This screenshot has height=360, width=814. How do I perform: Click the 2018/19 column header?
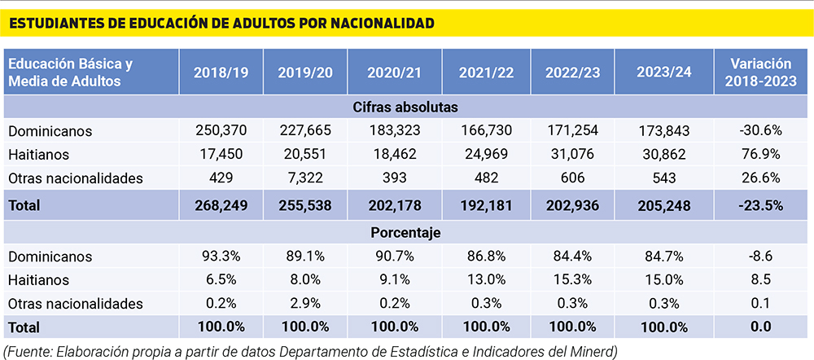point(221,72)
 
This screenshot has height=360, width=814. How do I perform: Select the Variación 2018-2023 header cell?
point(761,72)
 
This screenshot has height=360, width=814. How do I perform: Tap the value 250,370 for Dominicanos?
point(221,130)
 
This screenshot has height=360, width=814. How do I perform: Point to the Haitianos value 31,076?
point(573,154)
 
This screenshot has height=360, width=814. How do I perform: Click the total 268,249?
point(221,206)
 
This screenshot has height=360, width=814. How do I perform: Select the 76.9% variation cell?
point(761,154)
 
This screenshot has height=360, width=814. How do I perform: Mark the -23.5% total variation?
point(761,206)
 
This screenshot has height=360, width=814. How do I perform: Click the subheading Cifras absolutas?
point(395,107)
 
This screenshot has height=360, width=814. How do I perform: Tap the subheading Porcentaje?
point(395,232)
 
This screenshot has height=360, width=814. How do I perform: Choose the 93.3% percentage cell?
point(221,256)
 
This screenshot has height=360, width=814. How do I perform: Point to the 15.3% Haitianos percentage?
point(573,279)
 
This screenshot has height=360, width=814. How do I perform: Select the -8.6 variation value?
point(761,256)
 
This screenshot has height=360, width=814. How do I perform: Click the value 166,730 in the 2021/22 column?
point(486,130)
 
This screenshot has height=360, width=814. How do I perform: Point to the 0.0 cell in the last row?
point(761,327)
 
